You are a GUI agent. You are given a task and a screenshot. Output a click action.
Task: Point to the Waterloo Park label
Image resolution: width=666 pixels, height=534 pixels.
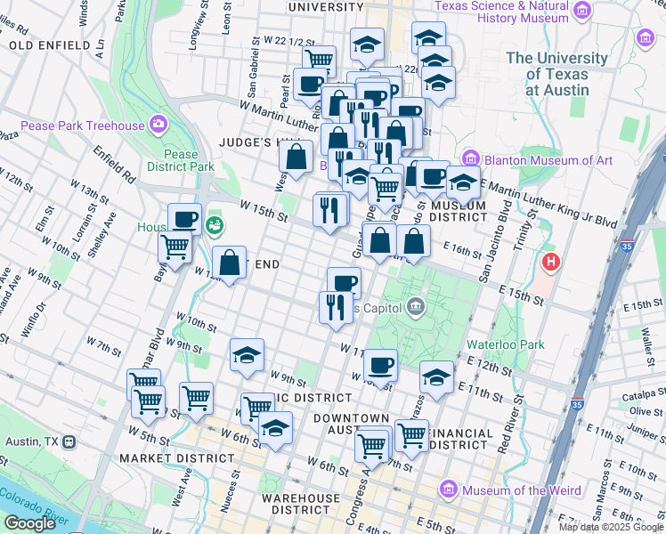click(505, 344)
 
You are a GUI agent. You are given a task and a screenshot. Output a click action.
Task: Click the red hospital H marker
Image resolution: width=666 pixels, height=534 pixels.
click(552, 263)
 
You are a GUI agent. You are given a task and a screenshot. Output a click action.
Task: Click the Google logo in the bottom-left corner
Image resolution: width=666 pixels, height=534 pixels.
click(29, 523)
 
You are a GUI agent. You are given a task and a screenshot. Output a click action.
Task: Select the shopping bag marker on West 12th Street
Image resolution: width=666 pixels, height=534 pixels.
click(230, 263)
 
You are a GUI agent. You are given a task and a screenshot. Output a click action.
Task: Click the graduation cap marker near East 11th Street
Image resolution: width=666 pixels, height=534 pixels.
click(436, 376)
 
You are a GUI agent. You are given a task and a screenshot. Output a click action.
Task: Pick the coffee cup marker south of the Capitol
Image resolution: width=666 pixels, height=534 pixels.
click(380, 365)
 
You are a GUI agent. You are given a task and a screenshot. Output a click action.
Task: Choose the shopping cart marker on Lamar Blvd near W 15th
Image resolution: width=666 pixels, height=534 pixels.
click(175, 247)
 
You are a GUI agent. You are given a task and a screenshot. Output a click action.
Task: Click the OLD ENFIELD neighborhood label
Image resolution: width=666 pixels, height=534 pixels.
click(50, 44)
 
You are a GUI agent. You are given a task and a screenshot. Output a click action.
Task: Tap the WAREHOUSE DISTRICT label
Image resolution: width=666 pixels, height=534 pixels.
click(301, 504)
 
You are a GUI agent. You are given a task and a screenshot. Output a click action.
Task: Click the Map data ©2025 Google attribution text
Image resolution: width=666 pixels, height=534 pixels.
click(611, 527)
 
